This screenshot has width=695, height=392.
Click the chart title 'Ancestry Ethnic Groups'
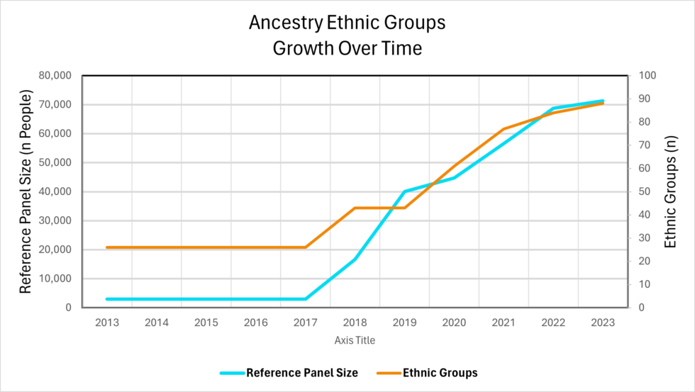pyautogui.click(x=347, y=23)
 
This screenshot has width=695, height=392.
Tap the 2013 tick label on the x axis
pyautogui.click(x=106, y=322)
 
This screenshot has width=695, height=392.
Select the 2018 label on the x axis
pyautogui.click(x=355, y=322)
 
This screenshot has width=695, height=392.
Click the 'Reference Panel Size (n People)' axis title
pyautogui.click(x=26, y=191)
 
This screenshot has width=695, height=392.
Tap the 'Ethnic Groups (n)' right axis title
pyautogui.click(x=670, y=191)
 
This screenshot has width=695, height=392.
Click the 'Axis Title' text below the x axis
pyautogui.click(x=355, y=340)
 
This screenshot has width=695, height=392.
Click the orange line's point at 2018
pyautogui.click(x=355, y=208)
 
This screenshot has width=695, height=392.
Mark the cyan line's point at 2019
pyautogui.click(x=404, y=191)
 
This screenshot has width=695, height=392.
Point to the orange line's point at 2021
pyautogui.click(x=504, y=129)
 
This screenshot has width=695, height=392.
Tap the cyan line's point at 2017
pyautogui.click(x=305, y=299)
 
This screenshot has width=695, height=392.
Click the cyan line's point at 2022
pyautogui.click(x=553, y=108)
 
